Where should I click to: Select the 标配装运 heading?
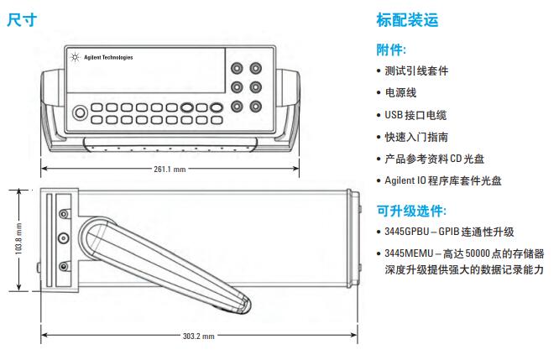407,19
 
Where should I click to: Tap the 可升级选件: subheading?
410,211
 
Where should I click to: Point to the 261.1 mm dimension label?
170,169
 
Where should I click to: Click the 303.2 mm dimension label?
199,336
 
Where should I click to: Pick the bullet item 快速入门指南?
416,137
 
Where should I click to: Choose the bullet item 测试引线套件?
416,71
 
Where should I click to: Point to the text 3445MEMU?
409,253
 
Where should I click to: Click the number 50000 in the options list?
479,253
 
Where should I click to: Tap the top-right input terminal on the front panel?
255,67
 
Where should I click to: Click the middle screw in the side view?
61,241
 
